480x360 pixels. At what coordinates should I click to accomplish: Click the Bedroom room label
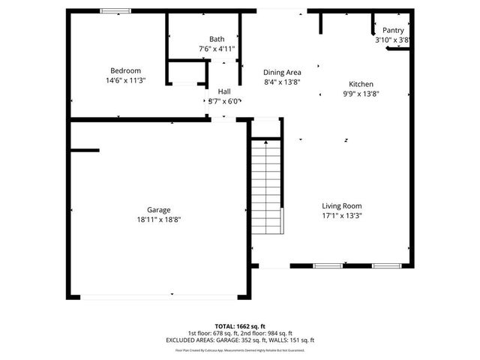126,70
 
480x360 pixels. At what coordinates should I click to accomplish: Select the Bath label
217,39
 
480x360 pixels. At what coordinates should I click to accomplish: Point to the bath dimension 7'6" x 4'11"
217,49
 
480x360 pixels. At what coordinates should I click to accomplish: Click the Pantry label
393,31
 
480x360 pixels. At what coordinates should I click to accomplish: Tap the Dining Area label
282,73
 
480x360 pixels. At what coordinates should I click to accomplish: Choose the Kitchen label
361,85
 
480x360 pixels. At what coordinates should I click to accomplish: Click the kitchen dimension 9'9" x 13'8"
361,94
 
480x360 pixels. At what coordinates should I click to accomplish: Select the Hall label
224,91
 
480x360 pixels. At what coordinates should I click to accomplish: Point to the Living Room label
342,206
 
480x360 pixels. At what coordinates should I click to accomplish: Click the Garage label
158,210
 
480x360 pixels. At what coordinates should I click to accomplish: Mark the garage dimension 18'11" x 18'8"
158,219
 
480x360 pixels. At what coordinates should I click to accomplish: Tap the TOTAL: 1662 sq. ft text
239,326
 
